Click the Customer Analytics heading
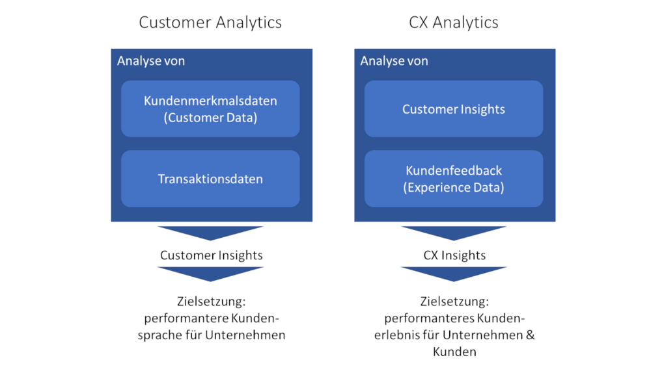coord(210,23)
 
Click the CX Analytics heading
coord(454,23)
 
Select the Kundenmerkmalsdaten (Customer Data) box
coord(210,109)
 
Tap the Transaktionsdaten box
coord(210,179)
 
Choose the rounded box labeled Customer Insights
coord(454,109)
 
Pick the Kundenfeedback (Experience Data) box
coord(454,179)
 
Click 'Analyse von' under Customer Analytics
coord(151,61)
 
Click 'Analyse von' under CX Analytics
coord(394,61)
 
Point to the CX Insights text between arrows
coord(454,255)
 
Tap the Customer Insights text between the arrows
coord(212,255)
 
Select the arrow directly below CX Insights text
coord(454,273)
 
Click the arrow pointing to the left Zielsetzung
coord(211,273)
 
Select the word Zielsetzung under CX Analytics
coord(454,302)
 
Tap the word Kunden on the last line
coord(454,352)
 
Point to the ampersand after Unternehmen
coord(530,335)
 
